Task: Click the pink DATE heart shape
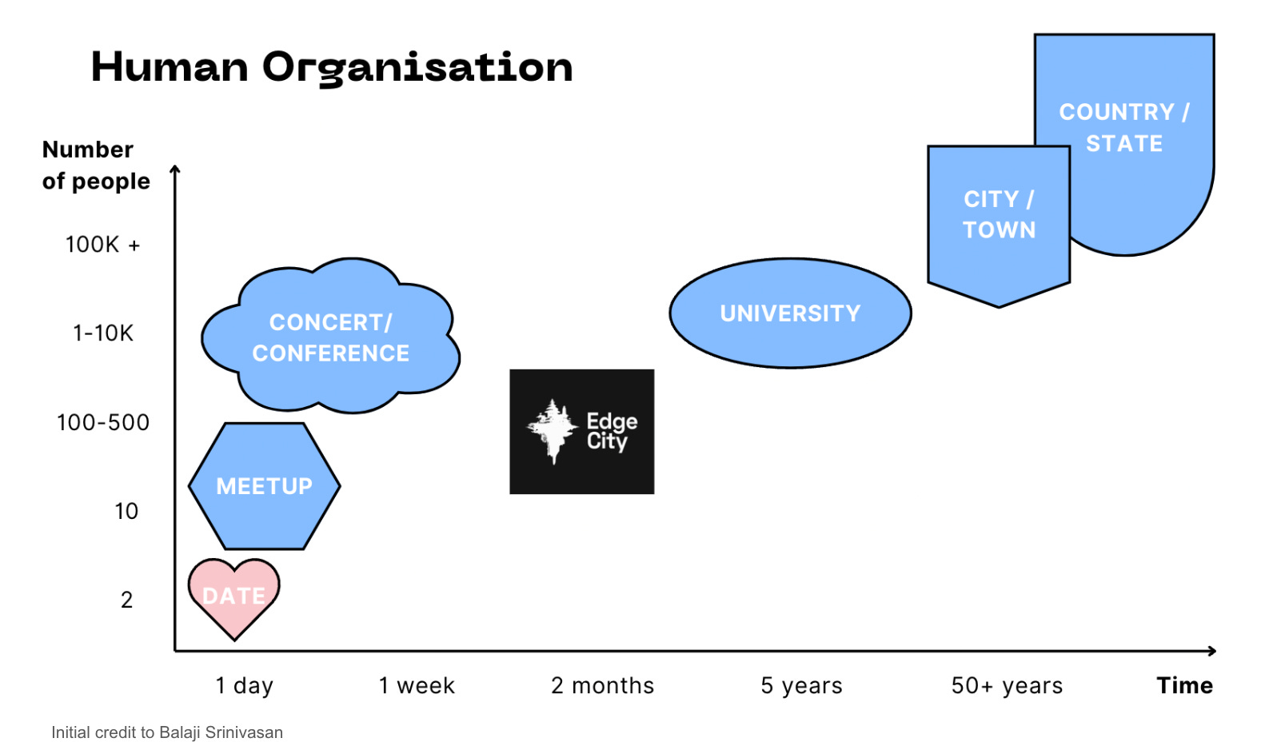coord(233,596)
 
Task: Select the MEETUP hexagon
coord(264,485)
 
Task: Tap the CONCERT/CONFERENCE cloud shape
coord(330,337)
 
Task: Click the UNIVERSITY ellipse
coord(790,313)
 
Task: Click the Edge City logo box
coord(581,431)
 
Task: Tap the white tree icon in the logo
coord(552,429)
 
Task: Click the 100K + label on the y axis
coord(102,245)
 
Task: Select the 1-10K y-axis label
coord(103,333)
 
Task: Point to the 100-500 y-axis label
coord(103,422)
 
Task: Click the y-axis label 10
coord(126,511)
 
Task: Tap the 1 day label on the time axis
coord(245,685)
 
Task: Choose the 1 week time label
coord(417,685)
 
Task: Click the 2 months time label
coord(602,685)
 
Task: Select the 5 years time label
coord(801,685)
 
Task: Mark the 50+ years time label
coord(1007,685)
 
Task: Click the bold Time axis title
coord(1184,685)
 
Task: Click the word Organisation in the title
coord(417,68)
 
